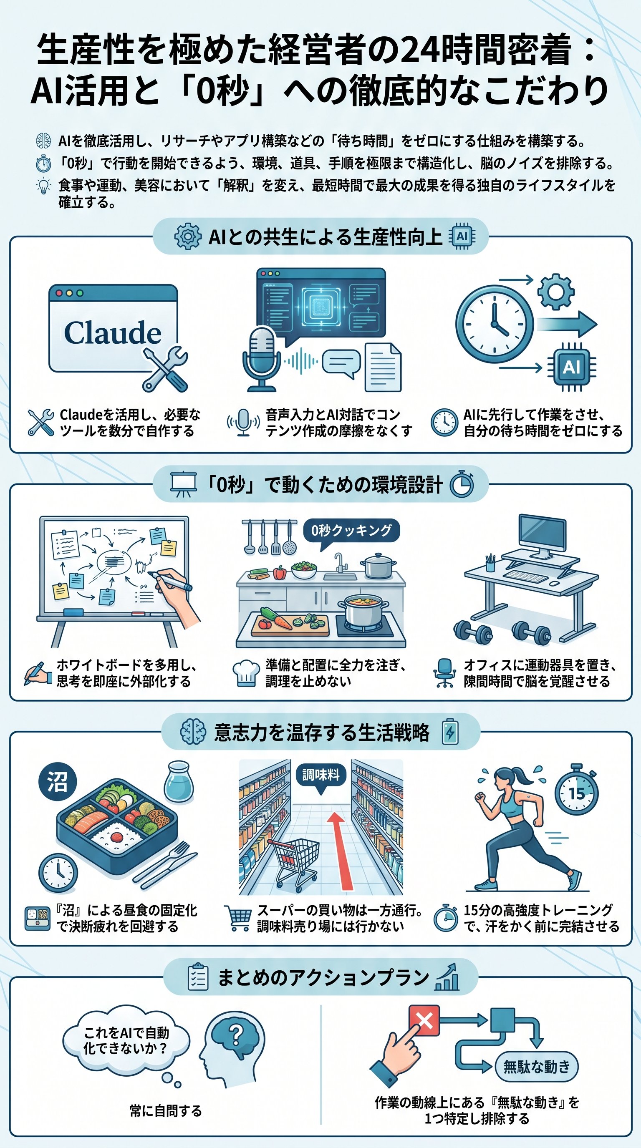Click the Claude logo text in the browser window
click(x=112, y=332)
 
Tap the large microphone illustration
click(x=262, y=357)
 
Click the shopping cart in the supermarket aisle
click(x=295, y=858)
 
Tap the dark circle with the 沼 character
click(x=58, y=782)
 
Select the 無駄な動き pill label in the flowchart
click(x=536, y=1066)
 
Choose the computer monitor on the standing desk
click(x=543, y=534)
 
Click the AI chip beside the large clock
click(x=571, y=367)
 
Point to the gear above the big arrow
click(x=555, y=292)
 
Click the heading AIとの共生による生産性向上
click(x=325, y=237)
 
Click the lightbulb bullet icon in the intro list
click(x=43, y=186)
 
